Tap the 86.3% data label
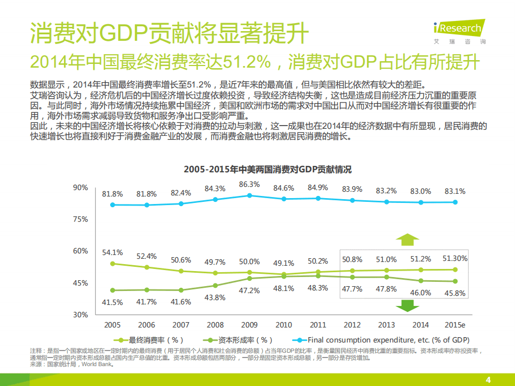point(249,184)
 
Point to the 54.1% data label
point(113,252)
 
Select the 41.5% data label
point(113,302)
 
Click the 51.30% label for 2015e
point(454,258)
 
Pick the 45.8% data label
point(454,293)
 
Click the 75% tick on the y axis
point(81,219)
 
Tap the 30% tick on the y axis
point(81,315)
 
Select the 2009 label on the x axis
point(249,325)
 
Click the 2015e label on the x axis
point(454,325)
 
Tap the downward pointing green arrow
point(408,305)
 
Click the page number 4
point(488,379)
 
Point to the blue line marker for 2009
point(249,195)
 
